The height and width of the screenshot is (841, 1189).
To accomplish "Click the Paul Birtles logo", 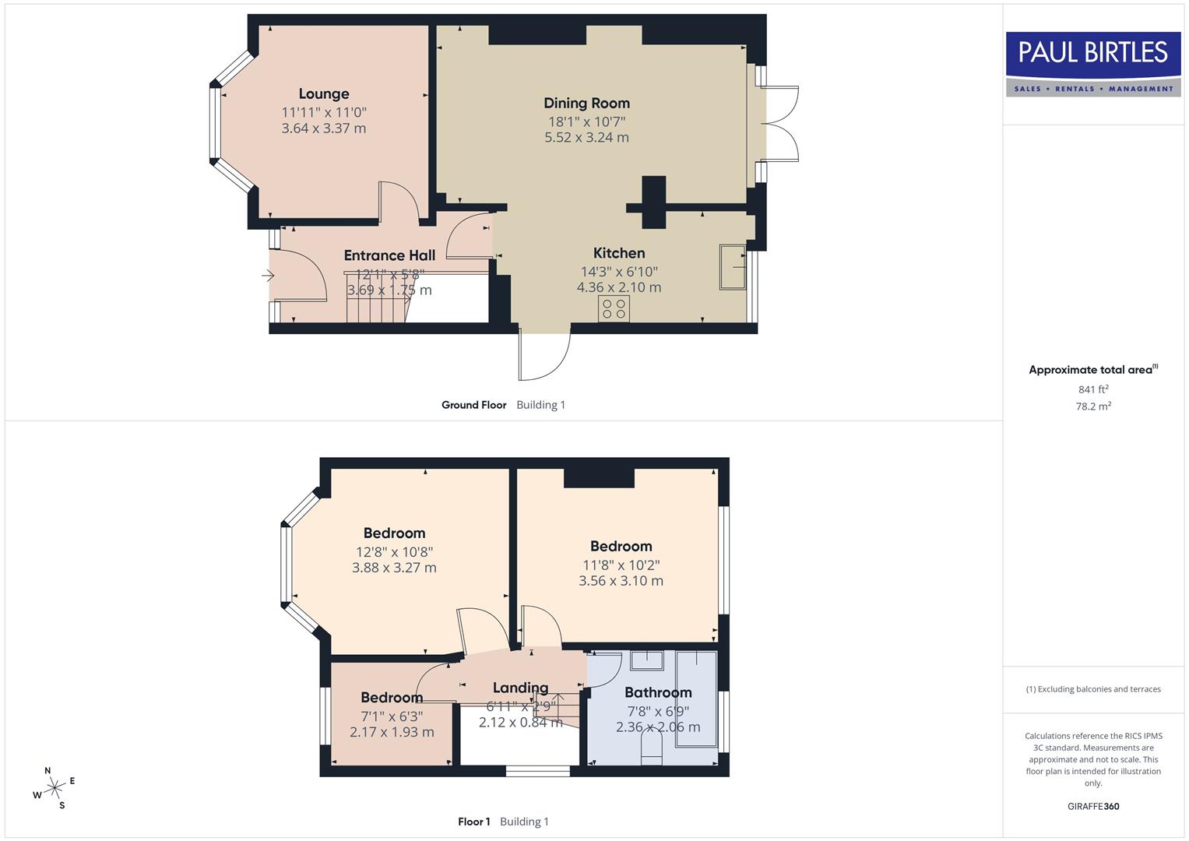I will [1092, 64].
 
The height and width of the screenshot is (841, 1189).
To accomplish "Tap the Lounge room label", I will [324, 94].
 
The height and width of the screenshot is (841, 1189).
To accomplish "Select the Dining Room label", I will [586, 104].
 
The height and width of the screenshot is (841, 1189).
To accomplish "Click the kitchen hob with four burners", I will [614, 308].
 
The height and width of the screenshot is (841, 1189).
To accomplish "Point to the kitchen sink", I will [733, 267].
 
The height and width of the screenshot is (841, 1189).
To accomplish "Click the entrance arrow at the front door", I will [269, 276].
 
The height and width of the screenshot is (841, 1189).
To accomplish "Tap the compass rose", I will [54, 788].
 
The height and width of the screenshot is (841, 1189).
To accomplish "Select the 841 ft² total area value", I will [1093, 389].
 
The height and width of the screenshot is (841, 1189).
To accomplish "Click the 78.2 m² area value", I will [1093, 406].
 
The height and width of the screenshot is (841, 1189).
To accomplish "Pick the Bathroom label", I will [658, 692].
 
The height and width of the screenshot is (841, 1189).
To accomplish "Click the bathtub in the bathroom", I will [697, 698].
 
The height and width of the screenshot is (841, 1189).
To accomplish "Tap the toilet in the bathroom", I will [650, 752].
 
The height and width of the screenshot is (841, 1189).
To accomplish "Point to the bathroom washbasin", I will [646, 660].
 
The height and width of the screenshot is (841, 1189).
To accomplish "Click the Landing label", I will [520, 688].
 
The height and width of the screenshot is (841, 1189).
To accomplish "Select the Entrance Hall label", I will [389, 255].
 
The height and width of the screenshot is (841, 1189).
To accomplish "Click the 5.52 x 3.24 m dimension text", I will [586, 138].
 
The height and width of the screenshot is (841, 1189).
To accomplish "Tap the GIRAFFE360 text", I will [1093, 806].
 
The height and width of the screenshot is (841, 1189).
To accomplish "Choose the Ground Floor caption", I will [473, 405].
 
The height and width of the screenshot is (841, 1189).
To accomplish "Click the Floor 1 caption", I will [473, 822].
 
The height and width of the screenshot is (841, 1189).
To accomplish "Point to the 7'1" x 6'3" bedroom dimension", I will [392, 716].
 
